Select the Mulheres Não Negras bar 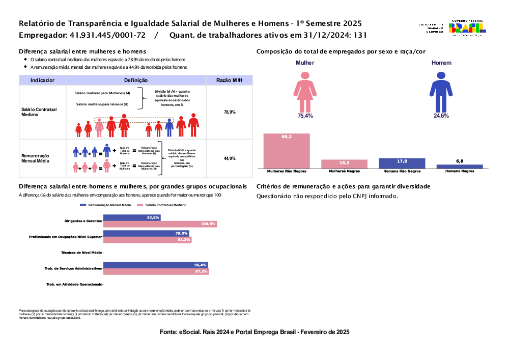[x=287, y=151]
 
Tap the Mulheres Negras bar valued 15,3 [x=344, y=163]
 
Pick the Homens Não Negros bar [x=402, y=163]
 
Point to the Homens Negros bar [x=460, y=166]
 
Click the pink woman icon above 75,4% [x=305, y=91]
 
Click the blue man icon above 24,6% [x=441, y=91]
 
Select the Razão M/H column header [x=229, y=80]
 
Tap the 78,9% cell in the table [x=229, y=112]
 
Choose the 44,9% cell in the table [x=229, y=158]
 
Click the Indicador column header [x=42, y=80]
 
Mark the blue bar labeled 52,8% [x=132, y=217]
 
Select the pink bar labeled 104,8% [x=160, y=224]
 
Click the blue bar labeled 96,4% [x=155, y=265]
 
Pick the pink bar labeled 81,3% [x=147, y=240]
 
